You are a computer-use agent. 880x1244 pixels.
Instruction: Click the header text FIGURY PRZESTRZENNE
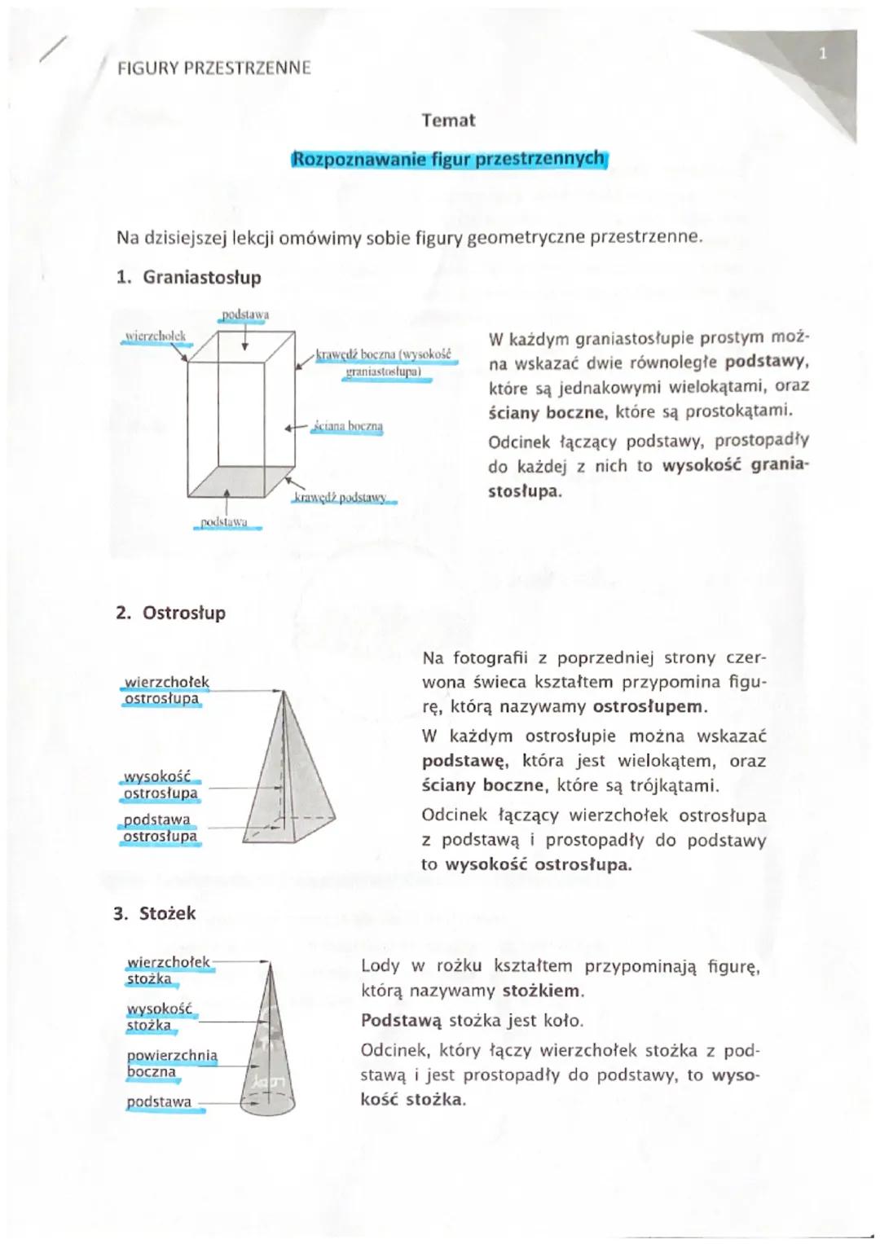pos(213,68)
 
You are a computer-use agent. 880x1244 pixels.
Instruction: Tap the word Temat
pos(448,121)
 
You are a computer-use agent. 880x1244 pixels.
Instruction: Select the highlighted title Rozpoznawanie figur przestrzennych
pos(448,159)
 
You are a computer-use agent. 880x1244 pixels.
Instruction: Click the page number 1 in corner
pos(822,54)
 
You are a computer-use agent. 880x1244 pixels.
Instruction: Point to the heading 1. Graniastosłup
pos(188,277)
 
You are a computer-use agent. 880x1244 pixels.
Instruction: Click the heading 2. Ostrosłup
pos(170,613)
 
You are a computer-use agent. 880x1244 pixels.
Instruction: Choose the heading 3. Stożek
pos(155,913)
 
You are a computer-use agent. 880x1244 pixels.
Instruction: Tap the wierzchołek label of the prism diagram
pos(155,336)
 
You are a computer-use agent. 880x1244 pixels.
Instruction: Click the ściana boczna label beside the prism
pos(348,426)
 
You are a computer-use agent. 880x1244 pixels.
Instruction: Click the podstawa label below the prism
pos(225,521)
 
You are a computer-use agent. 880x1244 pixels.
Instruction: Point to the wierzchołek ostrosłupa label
pos(165,690)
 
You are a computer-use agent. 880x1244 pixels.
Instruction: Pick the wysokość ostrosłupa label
pos(160,785)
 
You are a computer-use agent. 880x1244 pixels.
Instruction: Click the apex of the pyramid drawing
pos(283,692)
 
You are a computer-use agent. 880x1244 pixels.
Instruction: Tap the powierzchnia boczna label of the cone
pos(172,1063)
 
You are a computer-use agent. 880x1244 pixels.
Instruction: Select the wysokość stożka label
pos(159,1017)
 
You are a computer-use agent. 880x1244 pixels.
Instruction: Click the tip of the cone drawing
pos(268,964)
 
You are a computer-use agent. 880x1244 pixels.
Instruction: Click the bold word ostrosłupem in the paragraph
pos(649,706)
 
